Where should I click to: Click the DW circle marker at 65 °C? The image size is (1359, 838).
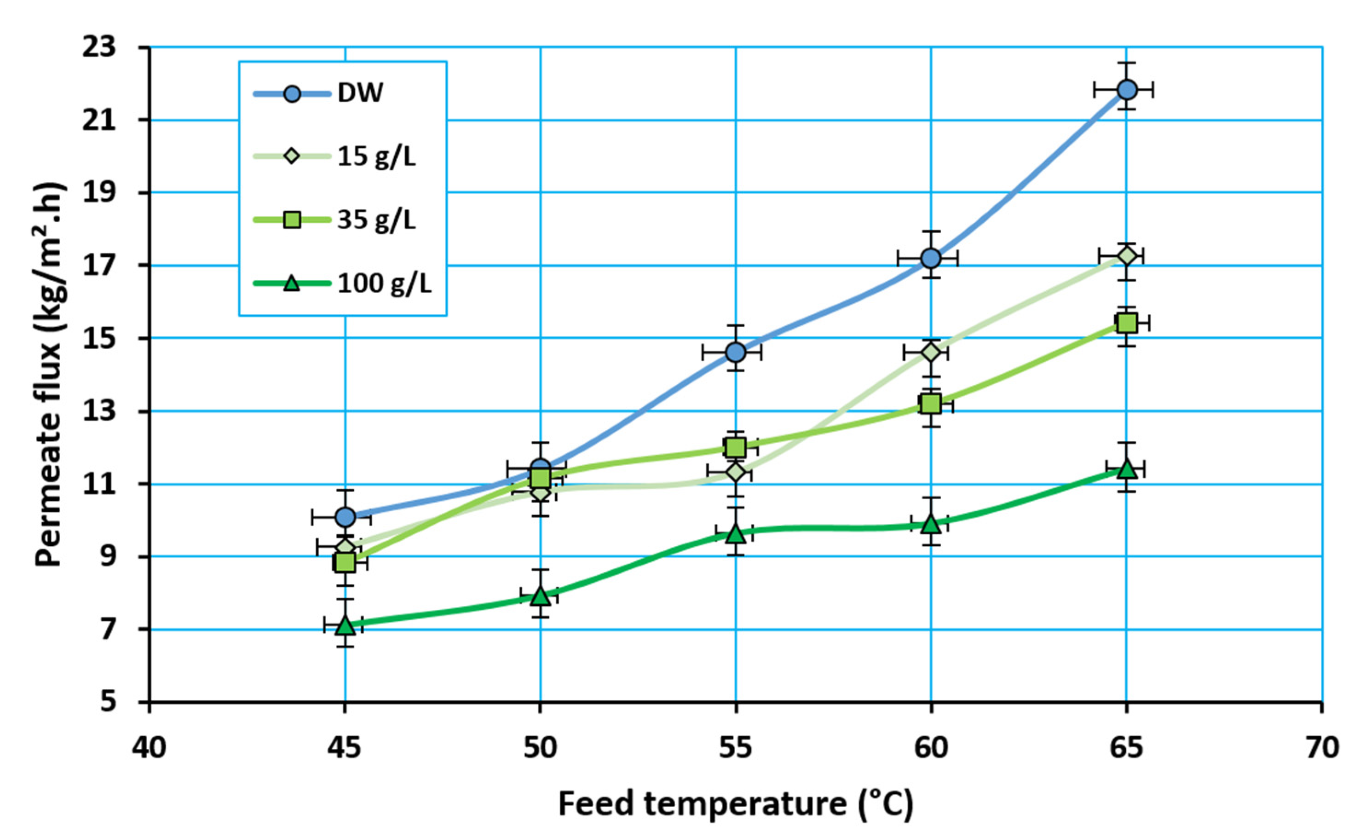coord(1126,89)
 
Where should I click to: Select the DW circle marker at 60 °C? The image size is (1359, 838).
coord(931,258)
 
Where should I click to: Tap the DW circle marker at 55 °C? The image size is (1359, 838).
coord(736,352)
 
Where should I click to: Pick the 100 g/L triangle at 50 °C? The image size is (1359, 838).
coord(540,596)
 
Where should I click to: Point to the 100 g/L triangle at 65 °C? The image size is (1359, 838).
coord(1126,469)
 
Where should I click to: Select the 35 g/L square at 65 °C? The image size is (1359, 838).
coord(1126,323)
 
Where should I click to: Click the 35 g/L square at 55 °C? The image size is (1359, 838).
coord(736,447)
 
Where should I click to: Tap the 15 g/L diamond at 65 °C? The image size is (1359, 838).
coord(1126,256)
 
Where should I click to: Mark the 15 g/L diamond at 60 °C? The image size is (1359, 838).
coord(931,352)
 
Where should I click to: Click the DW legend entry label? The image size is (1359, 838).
coord(360,93)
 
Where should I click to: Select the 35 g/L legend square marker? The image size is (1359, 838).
coord(292,220)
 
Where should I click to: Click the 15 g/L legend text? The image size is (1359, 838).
coord(377,157)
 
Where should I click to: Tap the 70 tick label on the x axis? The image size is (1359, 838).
coord(1322,748)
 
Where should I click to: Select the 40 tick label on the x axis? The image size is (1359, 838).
coord(149,748)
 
